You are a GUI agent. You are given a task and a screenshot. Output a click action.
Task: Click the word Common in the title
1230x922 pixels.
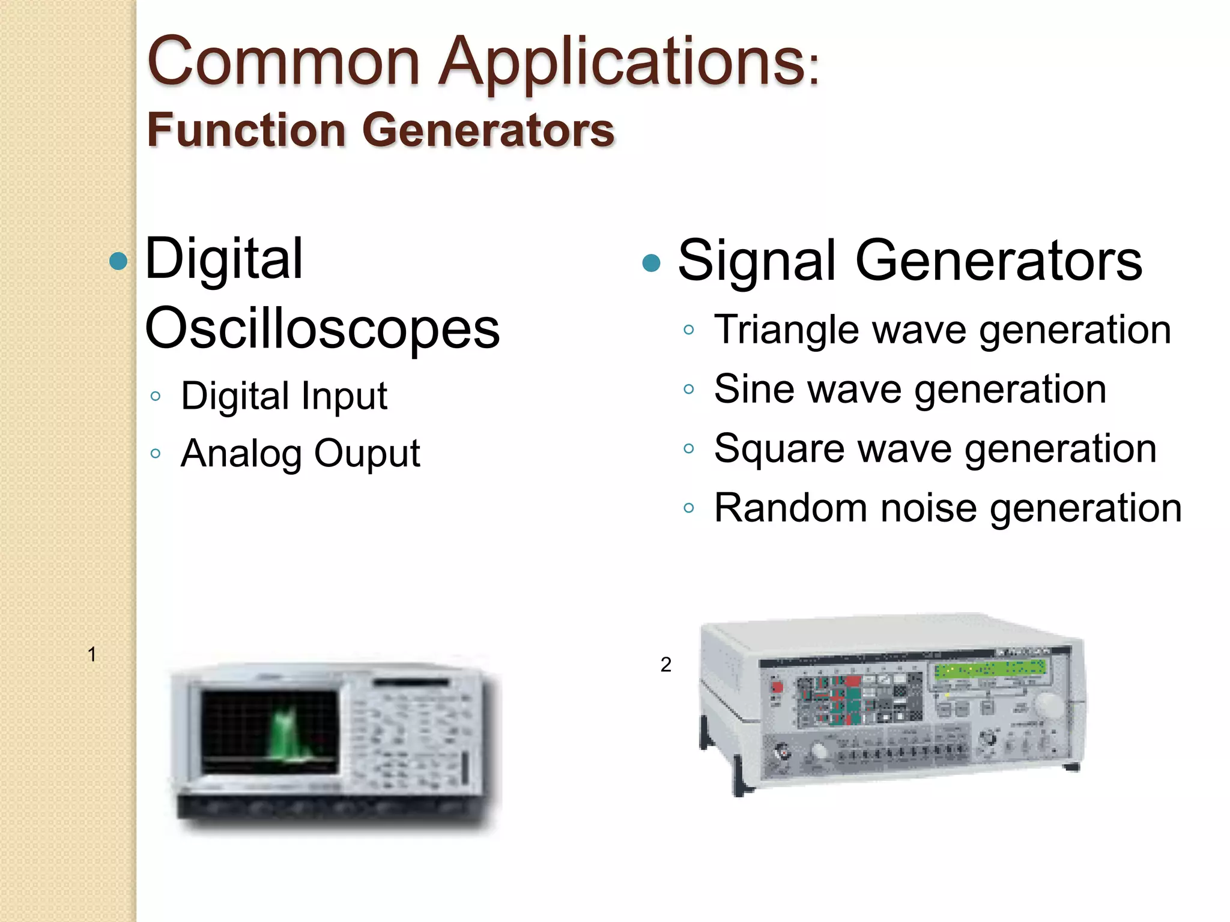point(283,62)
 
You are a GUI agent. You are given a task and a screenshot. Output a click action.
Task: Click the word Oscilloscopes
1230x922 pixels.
point(323,328)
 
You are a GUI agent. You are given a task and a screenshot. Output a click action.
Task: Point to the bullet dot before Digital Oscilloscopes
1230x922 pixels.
point(119,261)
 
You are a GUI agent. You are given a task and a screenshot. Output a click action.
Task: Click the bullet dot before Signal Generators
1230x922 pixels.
point(651,262)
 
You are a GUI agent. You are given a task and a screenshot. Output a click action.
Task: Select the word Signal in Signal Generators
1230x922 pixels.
point(757,260)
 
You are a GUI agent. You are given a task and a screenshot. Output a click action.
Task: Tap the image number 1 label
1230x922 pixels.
point(92,654)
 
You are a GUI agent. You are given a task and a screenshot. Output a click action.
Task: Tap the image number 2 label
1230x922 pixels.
point(665,664)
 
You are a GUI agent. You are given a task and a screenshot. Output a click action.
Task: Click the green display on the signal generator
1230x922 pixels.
point(990,668)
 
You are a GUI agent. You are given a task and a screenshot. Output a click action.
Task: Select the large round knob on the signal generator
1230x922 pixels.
point(1049,705)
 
